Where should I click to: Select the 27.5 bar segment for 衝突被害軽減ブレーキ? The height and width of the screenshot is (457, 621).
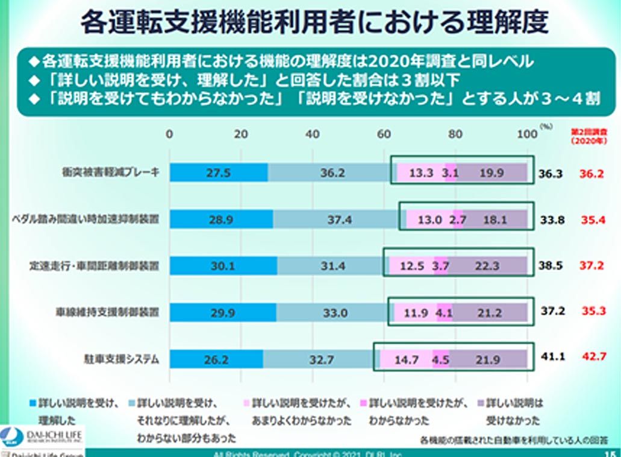[x=219, y=172]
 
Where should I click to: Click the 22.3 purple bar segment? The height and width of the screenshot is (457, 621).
[x=487, y=265]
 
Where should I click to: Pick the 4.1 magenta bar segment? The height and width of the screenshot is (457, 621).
[x=445, y=313]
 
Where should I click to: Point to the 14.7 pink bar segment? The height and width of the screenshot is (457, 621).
[x=407, y=360]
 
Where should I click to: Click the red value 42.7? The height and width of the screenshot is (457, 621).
[x=593, y=356]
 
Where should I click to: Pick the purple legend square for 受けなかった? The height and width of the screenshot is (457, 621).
[x=480, y=401]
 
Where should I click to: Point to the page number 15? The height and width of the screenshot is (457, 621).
[x=609, y=453]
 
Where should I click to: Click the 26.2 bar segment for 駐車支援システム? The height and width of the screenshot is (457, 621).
[x=216, y=360]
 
